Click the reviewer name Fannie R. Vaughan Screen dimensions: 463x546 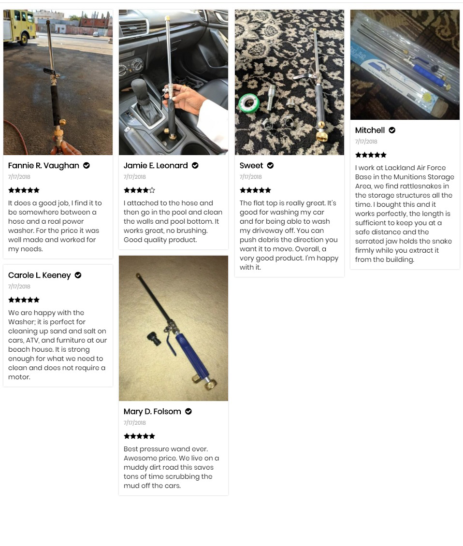coord(43,166)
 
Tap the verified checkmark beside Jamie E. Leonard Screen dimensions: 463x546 coord(195,165)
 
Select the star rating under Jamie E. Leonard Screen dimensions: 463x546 coord(139,190)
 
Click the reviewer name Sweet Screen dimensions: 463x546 coord(251,165)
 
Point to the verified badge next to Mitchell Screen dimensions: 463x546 coord(392,130)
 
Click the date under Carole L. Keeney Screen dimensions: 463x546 coord(19,287)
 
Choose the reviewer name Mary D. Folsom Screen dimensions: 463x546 coord(152,412)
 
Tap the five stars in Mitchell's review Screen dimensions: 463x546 coord(371,155)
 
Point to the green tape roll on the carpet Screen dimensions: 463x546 coord(249,103)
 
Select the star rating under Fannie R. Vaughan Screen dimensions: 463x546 coord(24,190)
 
